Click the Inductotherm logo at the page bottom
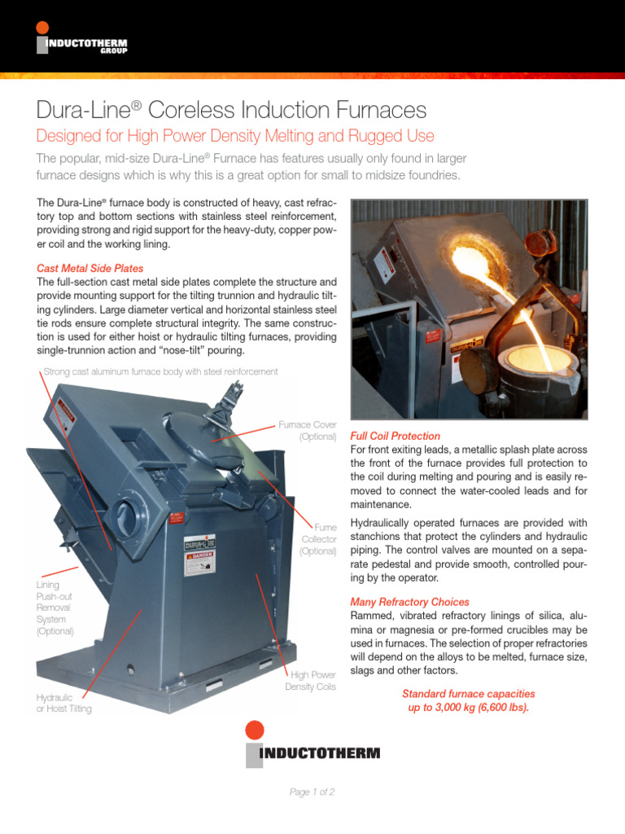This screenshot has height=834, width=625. point(312,744)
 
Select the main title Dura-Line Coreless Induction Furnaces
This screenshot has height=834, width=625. point(232,109)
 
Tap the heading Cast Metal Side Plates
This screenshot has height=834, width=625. point(90,268)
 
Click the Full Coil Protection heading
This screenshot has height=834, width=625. point(395,436)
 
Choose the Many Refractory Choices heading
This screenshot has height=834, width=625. point(409,602)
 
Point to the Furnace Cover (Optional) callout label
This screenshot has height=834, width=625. point(307,431)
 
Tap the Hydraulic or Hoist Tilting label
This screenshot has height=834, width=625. point(63,703)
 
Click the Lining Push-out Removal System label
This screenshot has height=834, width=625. point(55,608)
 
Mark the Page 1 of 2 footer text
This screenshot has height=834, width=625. point(312,792)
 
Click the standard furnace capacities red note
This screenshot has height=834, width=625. point(468,700)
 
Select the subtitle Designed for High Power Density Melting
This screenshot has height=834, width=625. point(236,135)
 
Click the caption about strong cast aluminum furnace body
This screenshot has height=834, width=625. point(160,371)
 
